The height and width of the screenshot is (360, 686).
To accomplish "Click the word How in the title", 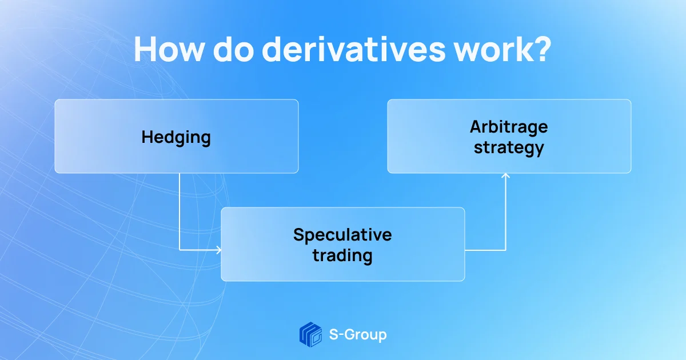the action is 169,49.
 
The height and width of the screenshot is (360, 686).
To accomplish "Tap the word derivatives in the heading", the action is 354,49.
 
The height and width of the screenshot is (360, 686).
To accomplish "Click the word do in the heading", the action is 233,49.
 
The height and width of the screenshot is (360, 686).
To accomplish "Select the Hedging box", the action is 177,136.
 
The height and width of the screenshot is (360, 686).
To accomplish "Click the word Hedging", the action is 176,138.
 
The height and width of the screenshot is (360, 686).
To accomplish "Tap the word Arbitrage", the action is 509,127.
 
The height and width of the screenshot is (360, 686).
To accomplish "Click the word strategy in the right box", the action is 509,148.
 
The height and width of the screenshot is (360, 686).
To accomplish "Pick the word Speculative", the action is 342,235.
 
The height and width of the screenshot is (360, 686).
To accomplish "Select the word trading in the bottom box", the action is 342,255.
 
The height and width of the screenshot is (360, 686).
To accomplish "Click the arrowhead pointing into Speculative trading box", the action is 218,250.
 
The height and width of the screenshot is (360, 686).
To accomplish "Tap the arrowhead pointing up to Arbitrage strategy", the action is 505,176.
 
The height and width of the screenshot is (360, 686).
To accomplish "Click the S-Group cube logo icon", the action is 310,335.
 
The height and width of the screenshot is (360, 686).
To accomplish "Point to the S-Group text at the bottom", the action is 358,335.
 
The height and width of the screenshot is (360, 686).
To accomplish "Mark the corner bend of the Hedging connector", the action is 180,250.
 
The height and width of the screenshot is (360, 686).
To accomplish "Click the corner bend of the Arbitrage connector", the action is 505,250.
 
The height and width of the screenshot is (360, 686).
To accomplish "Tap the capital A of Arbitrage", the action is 477,127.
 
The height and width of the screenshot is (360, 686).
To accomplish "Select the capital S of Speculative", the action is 299,235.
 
